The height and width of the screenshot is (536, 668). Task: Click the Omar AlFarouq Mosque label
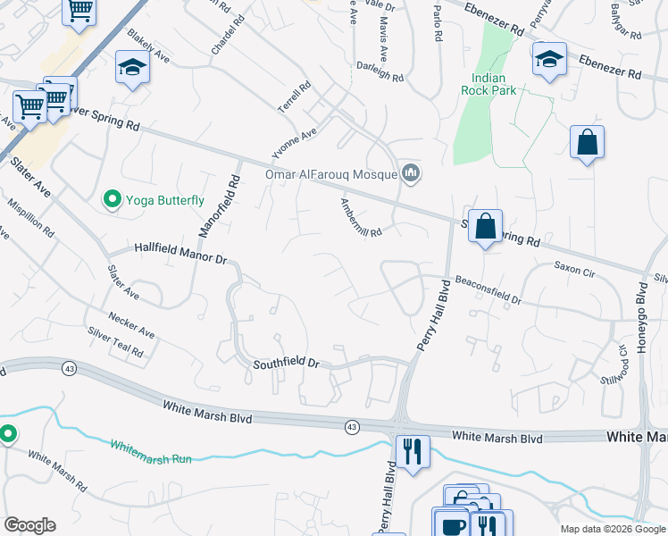[330, 174]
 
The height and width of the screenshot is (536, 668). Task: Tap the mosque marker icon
[411, 172]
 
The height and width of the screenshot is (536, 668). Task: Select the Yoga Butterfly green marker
[113, 200]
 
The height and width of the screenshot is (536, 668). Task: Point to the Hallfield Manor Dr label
[181, 253]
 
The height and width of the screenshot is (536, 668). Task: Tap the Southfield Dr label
[286, 363]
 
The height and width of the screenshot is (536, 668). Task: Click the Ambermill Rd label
[361, 217]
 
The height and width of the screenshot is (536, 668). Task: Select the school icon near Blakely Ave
[132, 67]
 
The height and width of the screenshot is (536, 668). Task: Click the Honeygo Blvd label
[641, 317]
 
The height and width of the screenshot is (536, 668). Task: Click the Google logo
[29, 525]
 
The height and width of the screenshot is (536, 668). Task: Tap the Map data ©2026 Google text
[612, 529]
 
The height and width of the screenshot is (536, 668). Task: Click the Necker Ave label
[131, 326]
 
